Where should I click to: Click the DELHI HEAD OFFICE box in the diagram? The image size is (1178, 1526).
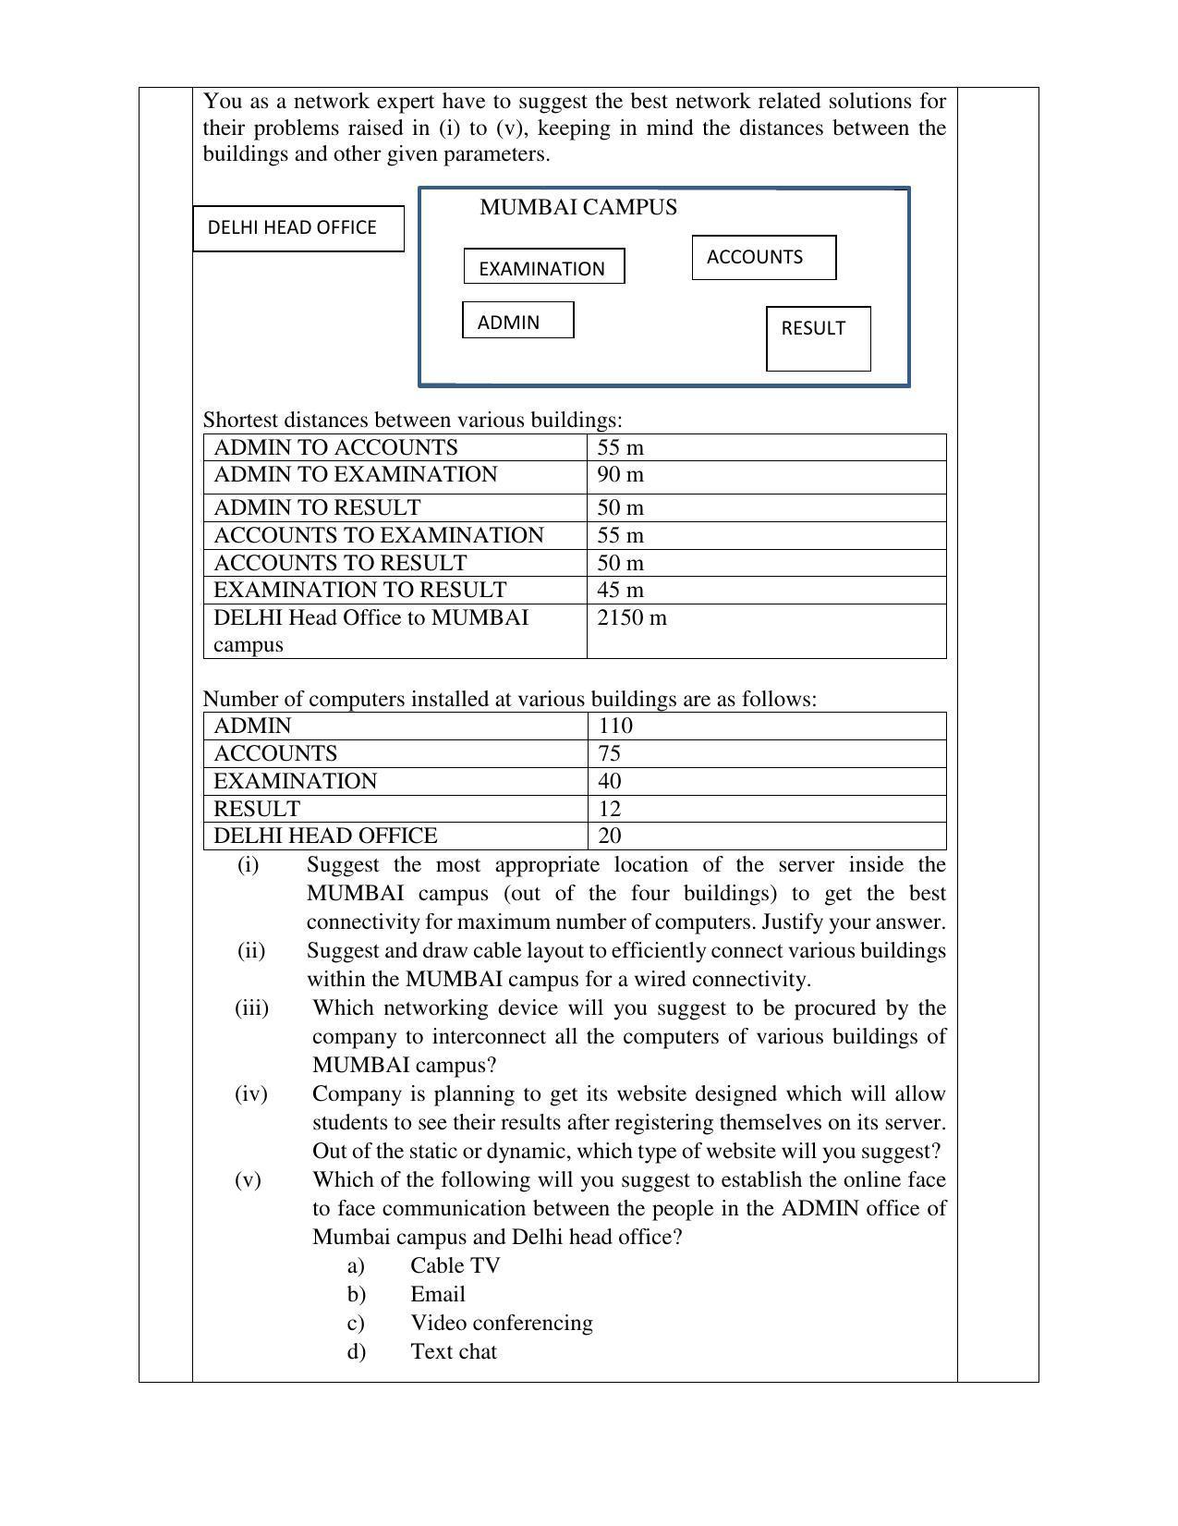point(298,228)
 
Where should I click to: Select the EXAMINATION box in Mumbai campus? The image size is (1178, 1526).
point(543,267)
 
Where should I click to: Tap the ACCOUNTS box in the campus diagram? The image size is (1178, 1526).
point(763,258)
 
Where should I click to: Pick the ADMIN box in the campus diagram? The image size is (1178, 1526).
point(517,321)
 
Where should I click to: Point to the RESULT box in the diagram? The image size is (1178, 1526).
point(818,337)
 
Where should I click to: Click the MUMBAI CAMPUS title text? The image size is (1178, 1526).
point(578,207)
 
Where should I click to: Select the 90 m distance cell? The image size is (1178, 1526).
point(621,475)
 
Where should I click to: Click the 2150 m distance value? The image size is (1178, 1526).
point(632,617)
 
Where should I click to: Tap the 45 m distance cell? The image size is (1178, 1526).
point(621,590)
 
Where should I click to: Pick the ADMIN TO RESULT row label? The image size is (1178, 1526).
point(317,507)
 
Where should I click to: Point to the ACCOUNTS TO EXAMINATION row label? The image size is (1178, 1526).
point(379,535)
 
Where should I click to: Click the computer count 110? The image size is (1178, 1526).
point(615,726)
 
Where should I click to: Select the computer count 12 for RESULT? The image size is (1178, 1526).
point(610,809)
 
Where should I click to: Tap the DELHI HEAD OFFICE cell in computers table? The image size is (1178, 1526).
point(325,836)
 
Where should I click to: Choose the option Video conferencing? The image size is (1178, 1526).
point(502,1323)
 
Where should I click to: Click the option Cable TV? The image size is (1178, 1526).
point(455,1265)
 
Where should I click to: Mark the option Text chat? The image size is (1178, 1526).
point(454,1351)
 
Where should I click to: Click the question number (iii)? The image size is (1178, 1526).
point(251,1007)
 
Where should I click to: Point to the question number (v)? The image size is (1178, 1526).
point(248,1179)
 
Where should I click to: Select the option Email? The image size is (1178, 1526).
point(438,1294)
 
